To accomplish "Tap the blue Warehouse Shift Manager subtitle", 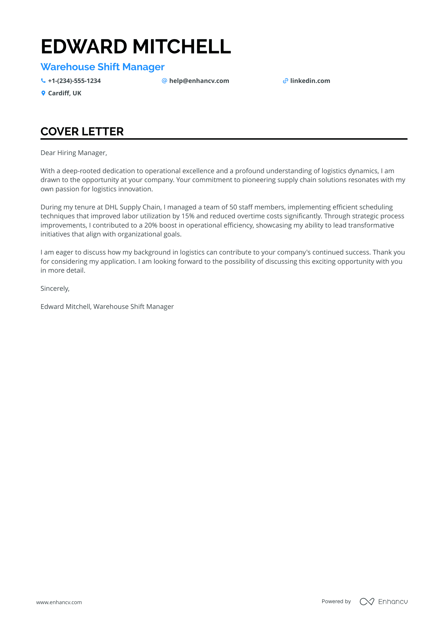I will tap(102, 67).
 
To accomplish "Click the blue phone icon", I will tap(43, 81).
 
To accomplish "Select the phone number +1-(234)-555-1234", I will tap(74, 81).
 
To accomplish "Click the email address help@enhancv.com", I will tap(199, 81).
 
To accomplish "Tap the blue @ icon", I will tap(164, 81).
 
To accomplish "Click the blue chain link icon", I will tap(285, 81).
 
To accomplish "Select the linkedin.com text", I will tap(310, 81).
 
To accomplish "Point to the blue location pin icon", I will tap(43, 93).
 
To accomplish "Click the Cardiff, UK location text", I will tap(65, 93).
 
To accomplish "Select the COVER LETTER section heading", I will tap(82, 132).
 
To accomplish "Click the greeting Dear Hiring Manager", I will tap(74, 153).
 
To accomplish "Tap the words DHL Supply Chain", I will tap(132, 207).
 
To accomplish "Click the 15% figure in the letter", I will tap(188, 216).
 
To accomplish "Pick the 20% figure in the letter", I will tap(151, 225).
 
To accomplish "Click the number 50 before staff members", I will tap(233, 207).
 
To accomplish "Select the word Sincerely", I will tap(55, 289).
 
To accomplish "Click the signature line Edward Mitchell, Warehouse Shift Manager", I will tap(107, 307).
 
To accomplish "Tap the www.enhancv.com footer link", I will tap(59, 602).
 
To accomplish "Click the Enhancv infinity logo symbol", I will tap(367, 602).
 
